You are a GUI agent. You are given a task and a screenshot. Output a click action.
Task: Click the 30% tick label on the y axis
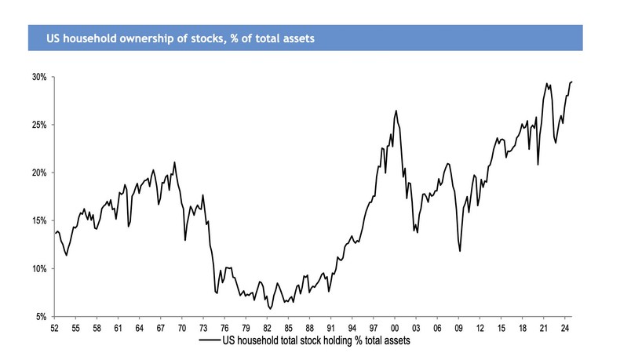click(x=38, y=78)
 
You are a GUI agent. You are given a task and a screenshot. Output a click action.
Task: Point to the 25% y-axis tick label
click(x=38, y=125)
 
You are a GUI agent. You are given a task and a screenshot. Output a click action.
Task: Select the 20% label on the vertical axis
click(x=38, y=173)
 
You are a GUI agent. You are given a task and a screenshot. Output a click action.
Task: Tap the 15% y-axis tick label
click(x=38, y=221)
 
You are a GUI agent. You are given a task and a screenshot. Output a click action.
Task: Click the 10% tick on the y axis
click(x=38, y=269)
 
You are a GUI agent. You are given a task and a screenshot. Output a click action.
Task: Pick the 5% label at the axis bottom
click(x=40, y=317)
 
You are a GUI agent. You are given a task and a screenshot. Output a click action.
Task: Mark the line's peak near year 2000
click(x=396, y=111)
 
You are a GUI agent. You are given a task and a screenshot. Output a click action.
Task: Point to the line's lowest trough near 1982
click(x=270, y=309)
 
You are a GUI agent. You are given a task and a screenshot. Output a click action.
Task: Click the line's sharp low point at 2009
click(x=460, y=251)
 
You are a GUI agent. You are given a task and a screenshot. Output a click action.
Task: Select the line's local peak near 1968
click(x=174, y=162)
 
